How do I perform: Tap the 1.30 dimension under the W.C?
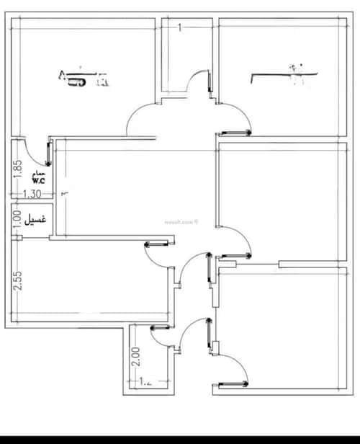(x=32, y=194)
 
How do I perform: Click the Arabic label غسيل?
(x=37, y=219)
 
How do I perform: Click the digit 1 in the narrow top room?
(x=179, y=27)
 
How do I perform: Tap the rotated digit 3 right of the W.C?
(x=64, y=193)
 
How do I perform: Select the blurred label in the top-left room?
(x=84, y=78)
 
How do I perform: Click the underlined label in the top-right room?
(x=284, y=75)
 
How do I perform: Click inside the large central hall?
(x=137, y=187)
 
